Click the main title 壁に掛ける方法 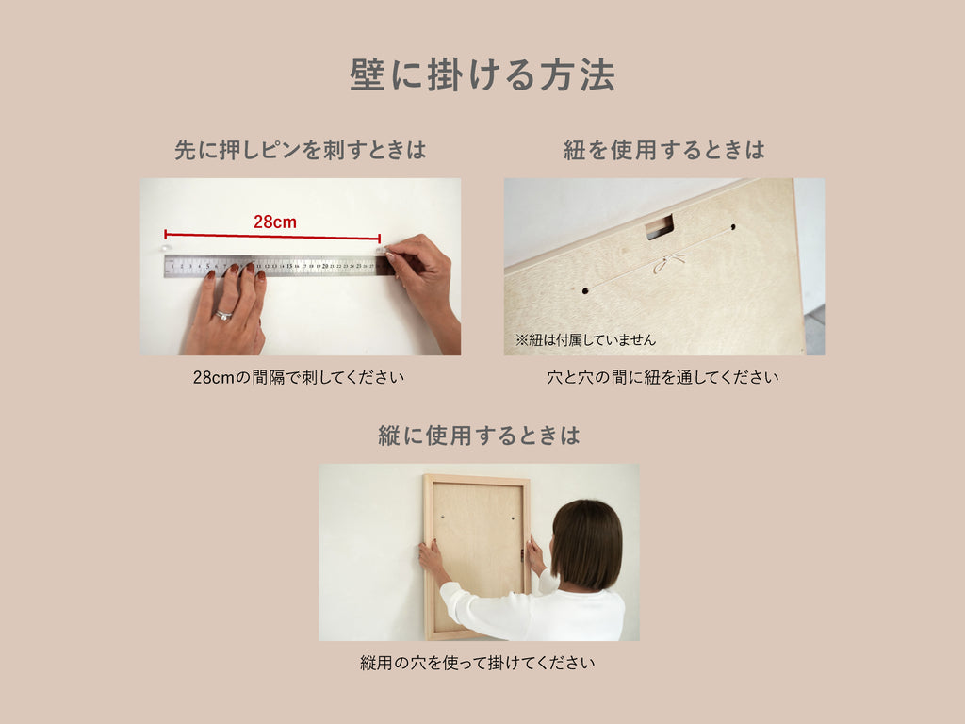coord(482,75)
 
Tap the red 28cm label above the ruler coord(275,222)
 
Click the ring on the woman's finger coord(222,316)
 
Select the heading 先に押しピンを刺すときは coord(301,150)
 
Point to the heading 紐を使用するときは coord(664,150)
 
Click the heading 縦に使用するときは coord(479,436)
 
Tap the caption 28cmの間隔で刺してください coord(299,377)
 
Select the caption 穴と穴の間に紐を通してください coord(662,377)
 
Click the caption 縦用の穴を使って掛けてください coord(478,663)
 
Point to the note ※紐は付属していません coord(585,339)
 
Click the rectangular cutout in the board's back coord(660,226)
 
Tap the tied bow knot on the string coord(668,264)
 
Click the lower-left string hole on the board coord(585,290)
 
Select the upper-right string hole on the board coord(732,227)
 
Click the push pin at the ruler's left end coord(164,248)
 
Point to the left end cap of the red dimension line coord(166,234)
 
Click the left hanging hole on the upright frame coord(442,517)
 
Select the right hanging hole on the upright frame coord(513,517)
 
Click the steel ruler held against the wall coord(279,266)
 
